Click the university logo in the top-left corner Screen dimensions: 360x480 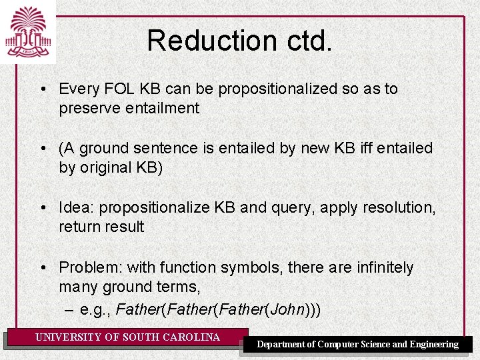(x=27, y=31)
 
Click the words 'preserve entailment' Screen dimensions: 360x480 (x=129, y=108)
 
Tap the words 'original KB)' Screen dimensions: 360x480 (x=120, y=167)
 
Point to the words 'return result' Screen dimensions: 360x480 (x=101, y=227)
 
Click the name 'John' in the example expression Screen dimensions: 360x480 (x=289, y=309)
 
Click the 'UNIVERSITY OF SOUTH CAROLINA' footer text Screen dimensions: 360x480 (x=127, y=337)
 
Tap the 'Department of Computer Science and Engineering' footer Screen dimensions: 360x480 (x=358, y=345)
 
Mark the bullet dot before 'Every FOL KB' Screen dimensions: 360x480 (x=42, y=89)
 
